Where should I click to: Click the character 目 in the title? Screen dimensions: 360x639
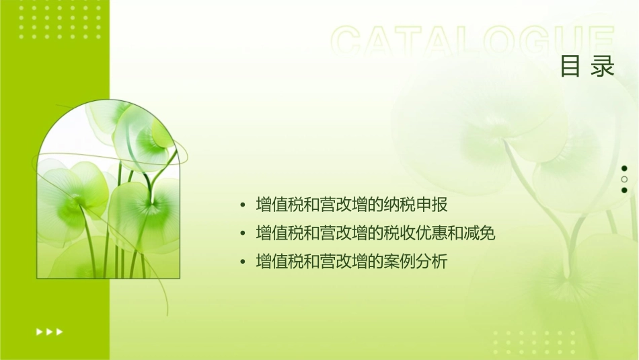pyautogui.click(x=570, y=67)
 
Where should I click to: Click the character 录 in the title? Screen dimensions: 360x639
pyautogui.click(x=603, y=67)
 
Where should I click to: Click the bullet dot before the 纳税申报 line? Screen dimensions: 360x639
pyautogui.click(x=243, y=205)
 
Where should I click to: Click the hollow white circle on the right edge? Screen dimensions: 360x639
pyautogui.click(x=624, y=179)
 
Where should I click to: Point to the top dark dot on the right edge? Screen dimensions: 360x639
pyautogui.click(x=624, y=168)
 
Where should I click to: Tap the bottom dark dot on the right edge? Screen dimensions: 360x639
pyautogui.click(x=624, y=190)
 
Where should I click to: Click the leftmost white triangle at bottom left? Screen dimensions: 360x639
pyautogui.click(x=39, y=331)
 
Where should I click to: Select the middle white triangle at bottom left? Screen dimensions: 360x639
pyautogui.click(x=49, y=331)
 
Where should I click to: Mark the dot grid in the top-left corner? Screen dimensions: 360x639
pyautogui.click(x=60, y=20)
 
